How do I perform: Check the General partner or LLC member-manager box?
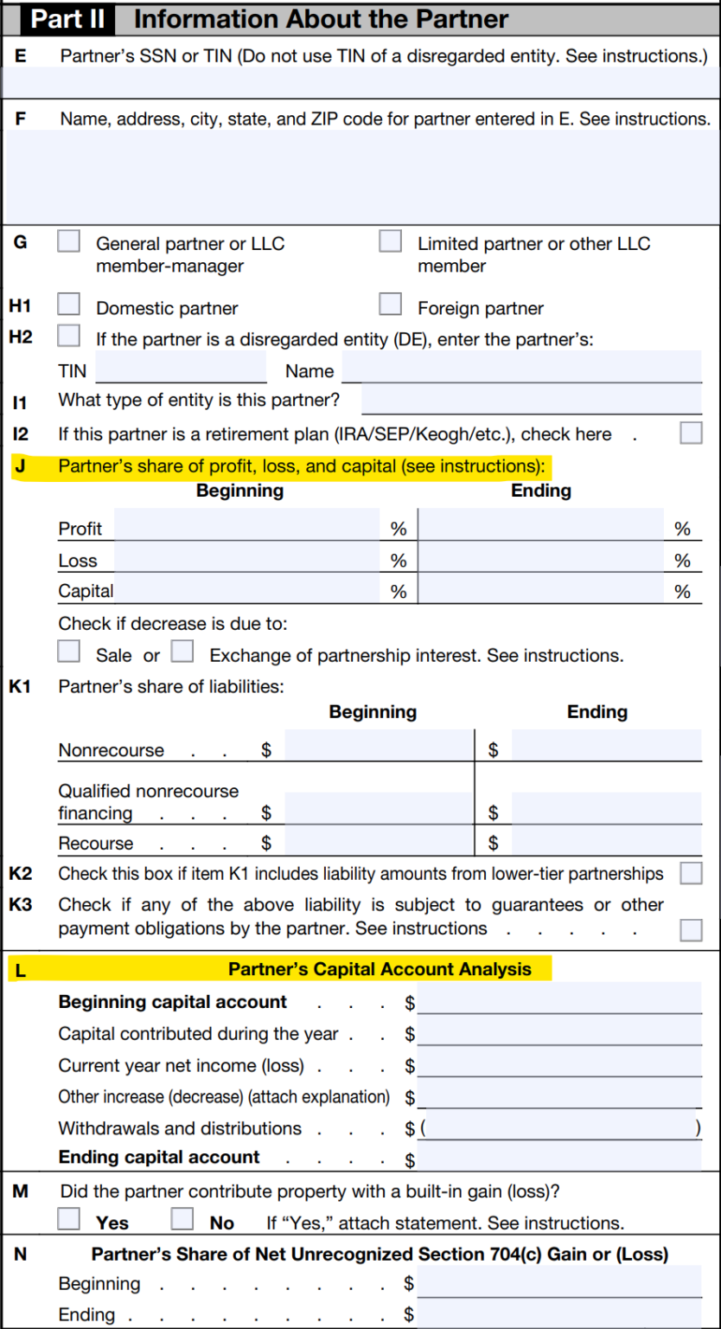tap(69, 241)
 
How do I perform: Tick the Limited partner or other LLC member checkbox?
tap(391, 241)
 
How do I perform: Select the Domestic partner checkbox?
tap(69, 305)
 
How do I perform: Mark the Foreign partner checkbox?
tap(391, 305)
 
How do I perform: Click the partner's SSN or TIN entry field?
tap(360, 82)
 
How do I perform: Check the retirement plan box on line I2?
tap(691, 433)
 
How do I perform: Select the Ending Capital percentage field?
tap(541, 590)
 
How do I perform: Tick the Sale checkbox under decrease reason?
tap(69, 651)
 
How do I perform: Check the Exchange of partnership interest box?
tap(182, 651)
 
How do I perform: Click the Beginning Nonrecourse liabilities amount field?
tap(379, 746)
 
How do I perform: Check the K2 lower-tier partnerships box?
tap(691, 874)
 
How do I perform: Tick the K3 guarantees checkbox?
tap(691, 929)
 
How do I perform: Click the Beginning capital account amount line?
tap(558, 1003)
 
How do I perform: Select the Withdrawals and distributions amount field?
tap(558, 1128)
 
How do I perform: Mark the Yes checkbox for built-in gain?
tap(69, 1219)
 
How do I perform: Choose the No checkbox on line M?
tap(182, 1219)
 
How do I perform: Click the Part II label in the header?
tap(67, 19)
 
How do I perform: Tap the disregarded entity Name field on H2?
tap(521, 368)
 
